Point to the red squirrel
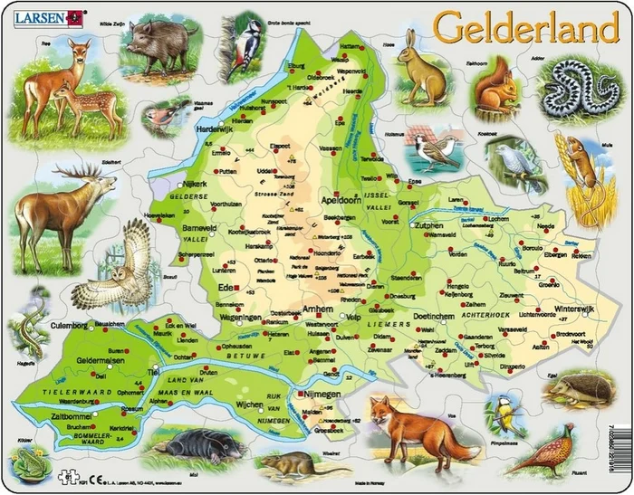(495, 87)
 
